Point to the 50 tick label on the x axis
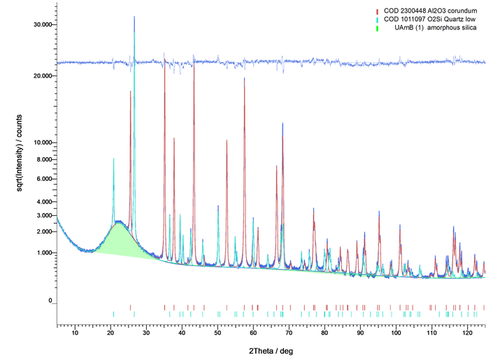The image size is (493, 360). point(217,333)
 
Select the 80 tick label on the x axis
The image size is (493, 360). point(324,333)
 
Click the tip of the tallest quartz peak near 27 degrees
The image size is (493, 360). point(134,17)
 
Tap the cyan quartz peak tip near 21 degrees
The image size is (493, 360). point(113,159)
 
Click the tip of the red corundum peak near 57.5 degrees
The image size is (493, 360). point(244,78)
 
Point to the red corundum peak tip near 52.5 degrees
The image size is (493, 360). point(227,141)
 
